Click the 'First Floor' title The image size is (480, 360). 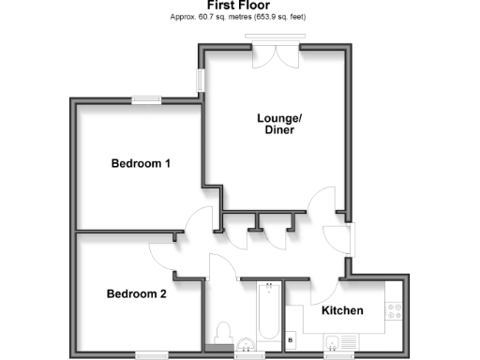click(239, 6)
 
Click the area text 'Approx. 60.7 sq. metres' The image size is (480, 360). click(203, 17)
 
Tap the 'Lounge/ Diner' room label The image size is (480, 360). click(278, 124)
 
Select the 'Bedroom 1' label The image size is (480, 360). click(141, 163)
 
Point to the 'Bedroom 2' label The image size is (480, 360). click(136, 293)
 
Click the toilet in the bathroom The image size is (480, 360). click(222, 333)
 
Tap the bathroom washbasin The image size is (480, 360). click(246, 343)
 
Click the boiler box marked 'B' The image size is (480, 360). click(291, 338)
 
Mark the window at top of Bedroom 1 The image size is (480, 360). click(145, 99)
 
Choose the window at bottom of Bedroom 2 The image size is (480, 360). click(150, 354)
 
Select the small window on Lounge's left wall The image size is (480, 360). click(201, 81)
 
